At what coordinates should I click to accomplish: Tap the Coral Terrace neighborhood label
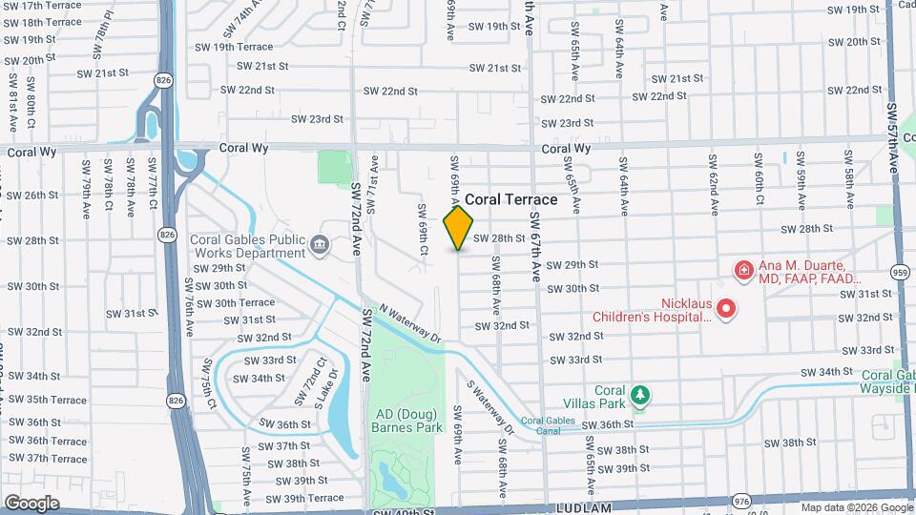tap(510, 200)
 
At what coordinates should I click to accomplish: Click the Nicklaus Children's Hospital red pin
tap(725, 308)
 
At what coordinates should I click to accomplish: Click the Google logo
tap(31, 503)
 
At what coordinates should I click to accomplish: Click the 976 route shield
tap(742, 502)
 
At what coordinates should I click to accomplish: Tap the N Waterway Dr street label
tap(411, 324)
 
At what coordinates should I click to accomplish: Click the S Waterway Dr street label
tap(490, 408)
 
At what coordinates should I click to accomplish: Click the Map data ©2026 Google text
tap(856, 507)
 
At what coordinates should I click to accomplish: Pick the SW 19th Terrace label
tap(229, 47)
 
